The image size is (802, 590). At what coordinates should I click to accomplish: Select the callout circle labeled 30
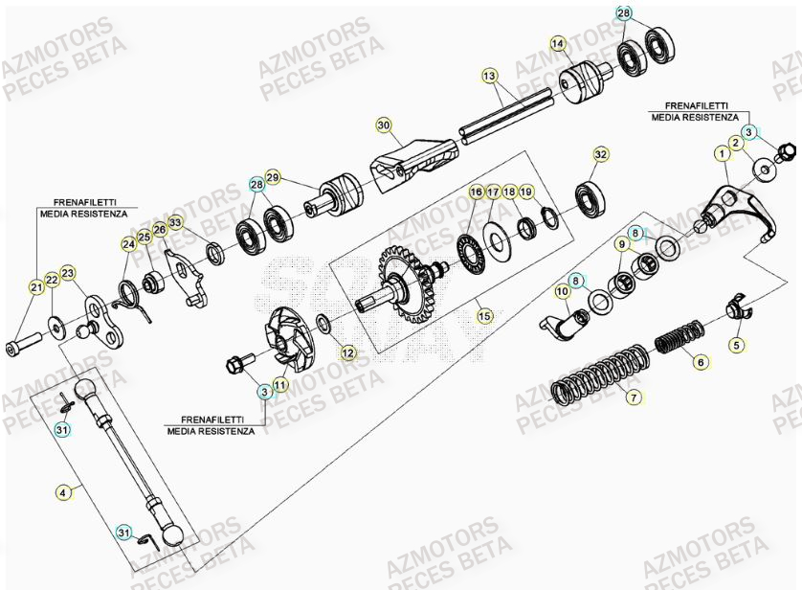tap(383, 125)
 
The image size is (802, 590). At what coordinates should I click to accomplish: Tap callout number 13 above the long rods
tap(489, 75)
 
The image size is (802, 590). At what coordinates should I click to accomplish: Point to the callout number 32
tap(600, 154)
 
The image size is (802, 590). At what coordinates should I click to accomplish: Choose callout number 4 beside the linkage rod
tap(63, 493)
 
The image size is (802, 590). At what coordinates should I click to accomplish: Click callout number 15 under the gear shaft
tap(483, 314)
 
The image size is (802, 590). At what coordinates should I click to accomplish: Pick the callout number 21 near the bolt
tap(36, 286)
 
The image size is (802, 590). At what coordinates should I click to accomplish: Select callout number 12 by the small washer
tap(346, 353)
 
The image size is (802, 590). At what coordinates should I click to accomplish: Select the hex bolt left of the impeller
tap(236, 364)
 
